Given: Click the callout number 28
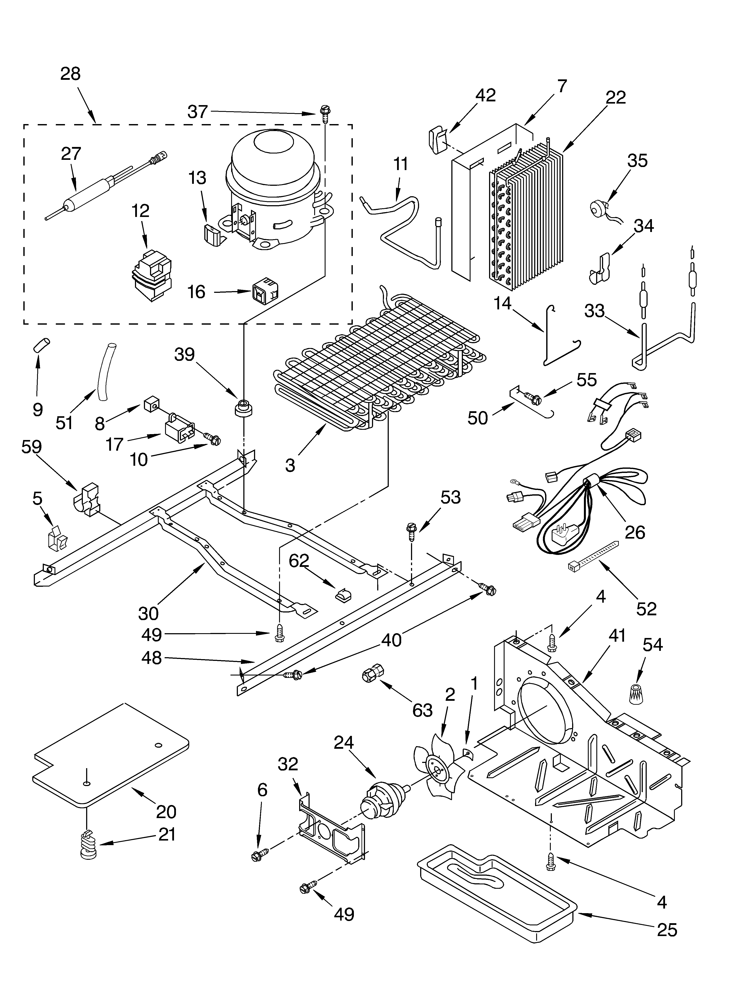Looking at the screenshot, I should (x=70, y=74).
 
